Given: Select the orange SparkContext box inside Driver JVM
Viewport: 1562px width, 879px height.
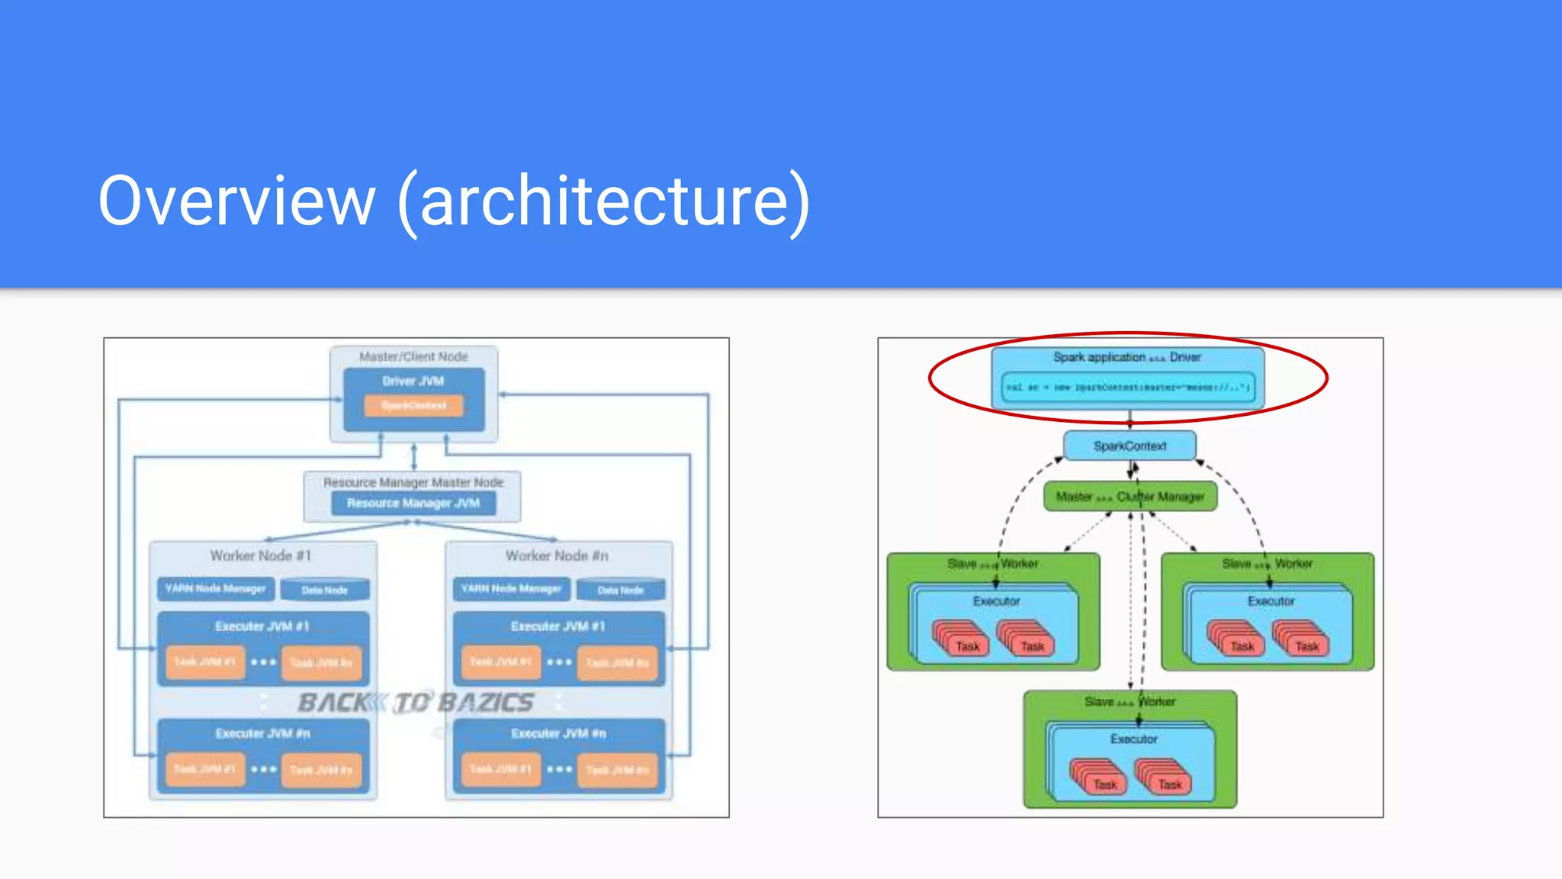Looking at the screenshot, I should point(413,405).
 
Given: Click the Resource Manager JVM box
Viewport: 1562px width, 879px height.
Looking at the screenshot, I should point(413,503).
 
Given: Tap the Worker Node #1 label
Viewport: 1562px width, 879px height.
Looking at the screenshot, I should point(261,555).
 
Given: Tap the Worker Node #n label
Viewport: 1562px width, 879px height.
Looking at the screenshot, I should point(557,555).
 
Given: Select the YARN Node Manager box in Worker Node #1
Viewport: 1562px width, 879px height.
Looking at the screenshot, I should point(216,588).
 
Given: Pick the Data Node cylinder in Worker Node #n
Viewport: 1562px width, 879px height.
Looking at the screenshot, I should point(621,590).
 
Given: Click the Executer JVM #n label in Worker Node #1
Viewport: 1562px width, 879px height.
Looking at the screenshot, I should point(262,733).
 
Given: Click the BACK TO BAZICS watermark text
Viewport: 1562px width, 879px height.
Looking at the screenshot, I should point(416,702).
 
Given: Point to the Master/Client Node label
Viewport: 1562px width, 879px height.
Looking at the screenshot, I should point(413,356).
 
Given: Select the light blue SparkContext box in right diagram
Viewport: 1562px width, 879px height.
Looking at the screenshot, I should point(1130,446).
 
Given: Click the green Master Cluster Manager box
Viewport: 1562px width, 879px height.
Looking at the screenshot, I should point(1130,497).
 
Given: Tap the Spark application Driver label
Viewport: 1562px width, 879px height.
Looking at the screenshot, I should point(1127,357).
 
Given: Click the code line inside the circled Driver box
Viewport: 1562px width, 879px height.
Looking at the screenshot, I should point(1127,387).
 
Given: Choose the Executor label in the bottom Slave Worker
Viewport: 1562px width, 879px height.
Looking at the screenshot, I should point(1133,739).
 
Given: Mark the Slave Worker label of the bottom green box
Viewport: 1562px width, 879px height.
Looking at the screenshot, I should point(1130,701).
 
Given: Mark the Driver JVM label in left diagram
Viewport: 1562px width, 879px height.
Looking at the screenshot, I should point(413,381).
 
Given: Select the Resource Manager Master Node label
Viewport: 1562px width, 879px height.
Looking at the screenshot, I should point(413,482).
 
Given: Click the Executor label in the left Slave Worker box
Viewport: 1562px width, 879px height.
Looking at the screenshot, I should point(996,601).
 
